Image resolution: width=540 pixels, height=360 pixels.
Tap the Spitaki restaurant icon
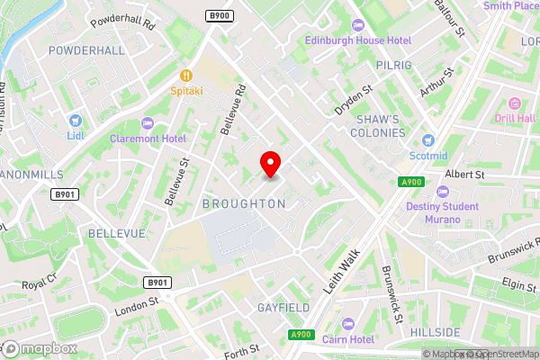coord(186,76)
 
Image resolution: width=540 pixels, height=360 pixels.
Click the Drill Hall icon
coord(515,103)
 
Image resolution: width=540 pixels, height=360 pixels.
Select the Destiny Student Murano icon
coord(442,192)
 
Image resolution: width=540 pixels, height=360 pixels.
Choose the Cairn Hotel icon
coord(348,323)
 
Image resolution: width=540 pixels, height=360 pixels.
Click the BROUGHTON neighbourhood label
coord(244,204)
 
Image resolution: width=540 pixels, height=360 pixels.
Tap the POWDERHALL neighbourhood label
coord(87,50)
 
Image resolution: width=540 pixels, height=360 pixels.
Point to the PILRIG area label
coord(394,66)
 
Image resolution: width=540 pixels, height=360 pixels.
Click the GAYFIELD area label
coord(284,307)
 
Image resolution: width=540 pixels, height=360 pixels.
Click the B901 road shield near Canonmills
coord(64,194)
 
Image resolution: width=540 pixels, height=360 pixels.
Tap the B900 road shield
coord(218,15)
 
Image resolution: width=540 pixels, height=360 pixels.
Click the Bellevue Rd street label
coord(231,111)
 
